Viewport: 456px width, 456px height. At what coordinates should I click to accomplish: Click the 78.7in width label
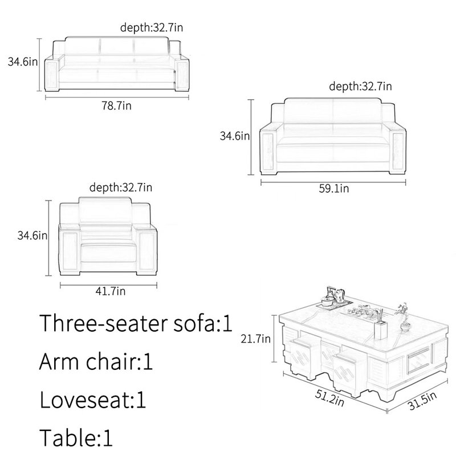tap(116, 105)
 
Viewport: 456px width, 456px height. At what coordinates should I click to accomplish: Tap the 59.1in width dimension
tap(334, 189)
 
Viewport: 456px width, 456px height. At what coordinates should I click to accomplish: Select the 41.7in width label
tap(111, 291)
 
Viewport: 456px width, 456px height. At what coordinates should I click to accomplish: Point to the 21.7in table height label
tap(255, 339)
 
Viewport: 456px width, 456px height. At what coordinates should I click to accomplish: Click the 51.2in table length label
tap(329, 397)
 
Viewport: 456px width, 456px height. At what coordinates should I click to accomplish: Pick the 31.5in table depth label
tap(423, 401)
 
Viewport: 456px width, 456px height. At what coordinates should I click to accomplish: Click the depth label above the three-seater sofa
tap(152, 27)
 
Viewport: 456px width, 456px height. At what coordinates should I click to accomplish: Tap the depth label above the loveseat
tap(360, 87)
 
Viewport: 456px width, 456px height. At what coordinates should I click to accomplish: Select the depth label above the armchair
tap(121, 188)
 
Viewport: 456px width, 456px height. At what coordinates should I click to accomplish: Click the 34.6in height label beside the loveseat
tap(235, 136)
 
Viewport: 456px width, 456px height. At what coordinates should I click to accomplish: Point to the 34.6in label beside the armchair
tap(32, 235)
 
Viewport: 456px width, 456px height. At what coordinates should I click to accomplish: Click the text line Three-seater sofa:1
tap(136, 323)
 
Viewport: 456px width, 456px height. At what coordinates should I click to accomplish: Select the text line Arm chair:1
tap(96, 361)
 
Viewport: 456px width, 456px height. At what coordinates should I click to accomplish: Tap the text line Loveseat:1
tap(93, 400)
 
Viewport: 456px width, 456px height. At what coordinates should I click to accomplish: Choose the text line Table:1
tap(76, 438)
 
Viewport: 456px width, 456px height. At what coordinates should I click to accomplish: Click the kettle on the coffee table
tap(338, 295)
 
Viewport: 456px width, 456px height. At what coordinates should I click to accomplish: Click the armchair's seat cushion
tap(108, 253)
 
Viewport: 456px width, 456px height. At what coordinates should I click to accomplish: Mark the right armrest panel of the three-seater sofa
tap(183, 75)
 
